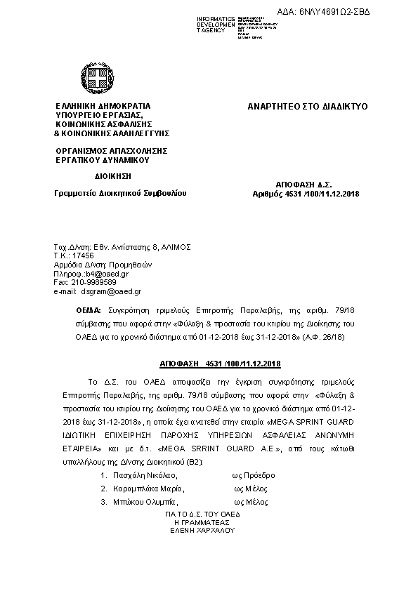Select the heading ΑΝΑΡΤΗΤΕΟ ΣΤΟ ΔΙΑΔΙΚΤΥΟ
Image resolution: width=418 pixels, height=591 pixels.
(x=308, y=107)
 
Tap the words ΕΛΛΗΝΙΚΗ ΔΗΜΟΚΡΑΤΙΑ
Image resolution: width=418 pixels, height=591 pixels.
(x=103, y=107)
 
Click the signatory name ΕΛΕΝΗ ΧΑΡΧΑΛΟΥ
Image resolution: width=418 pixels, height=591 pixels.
(x=202, y=530)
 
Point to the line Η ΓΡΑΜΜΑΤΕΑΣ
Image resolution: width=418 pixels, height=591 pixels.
(x=202, y=522)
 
